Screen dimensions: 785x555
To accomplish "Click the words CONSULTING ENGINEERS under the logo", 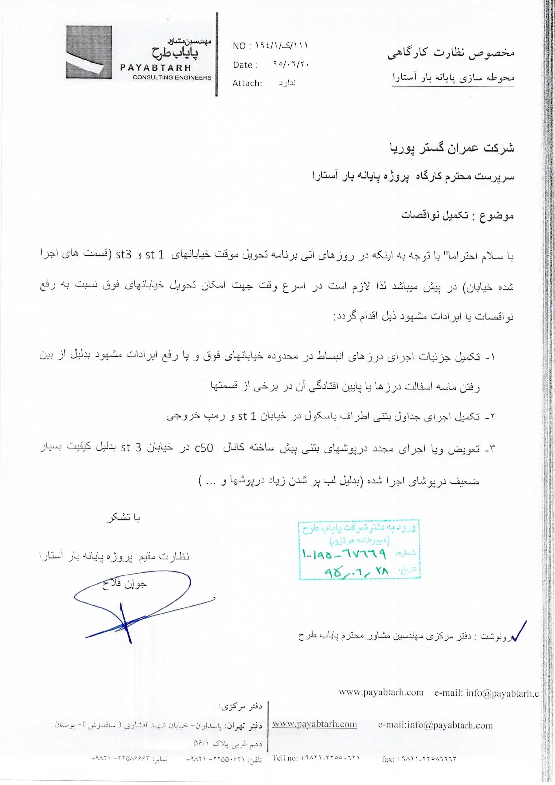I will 172,77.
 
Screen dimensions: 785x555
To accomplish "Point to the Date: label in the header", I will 245,65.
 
